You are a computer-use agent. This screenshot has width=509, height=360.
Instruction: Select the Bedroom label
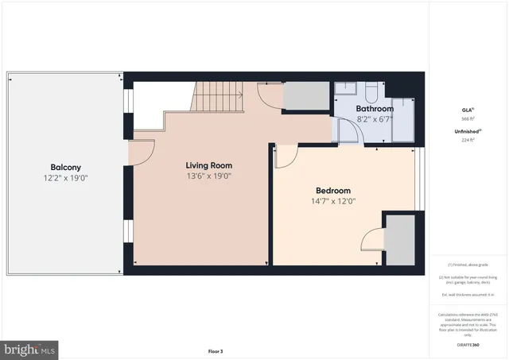[x=332, y=191]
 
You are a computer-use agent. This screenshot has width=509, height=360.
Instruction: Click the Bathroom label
[x=374, y=108]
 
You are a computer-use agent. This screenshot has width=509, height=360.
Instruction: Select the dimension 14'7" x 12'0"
[x=332, y=202]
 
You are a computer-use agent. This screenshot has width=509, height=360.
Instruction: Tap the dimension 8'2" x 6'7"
[x=374, y=118]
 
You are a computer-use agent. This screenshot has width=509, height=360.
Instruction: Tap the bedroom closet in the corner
[x=400, y=239]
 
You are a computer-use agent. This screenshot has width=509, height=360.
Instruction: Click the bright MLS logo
[x=30, y=348]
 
